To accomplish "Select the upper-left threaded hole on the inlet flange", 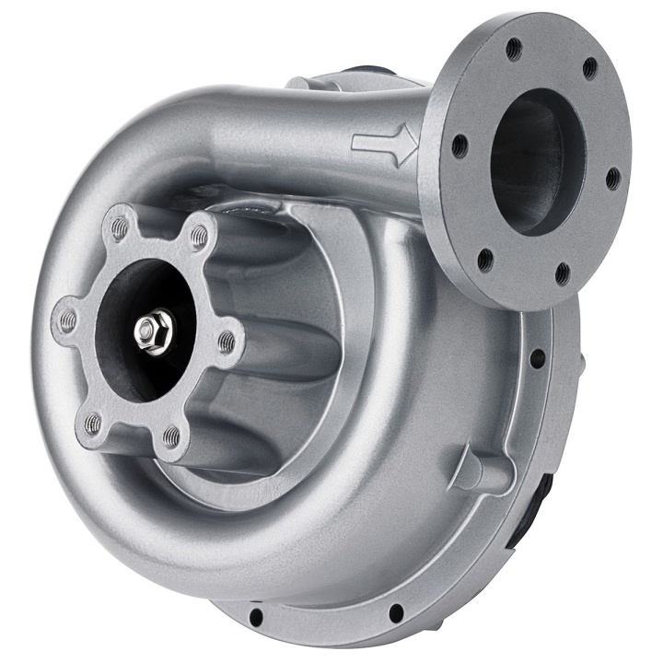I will point(118,225).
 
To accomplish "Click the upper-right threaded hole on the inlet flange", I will point(199,238).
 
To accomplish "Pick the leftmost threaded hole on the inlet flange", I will point(66,320).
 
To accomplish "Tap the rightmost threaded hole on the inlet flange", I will point(227,343).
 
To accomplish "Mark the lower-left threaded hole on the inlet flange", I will point(92,424).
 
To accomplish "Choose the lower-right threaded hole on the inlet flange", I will point(172,435).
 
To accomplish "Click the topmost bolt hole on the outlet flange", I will point(515,49).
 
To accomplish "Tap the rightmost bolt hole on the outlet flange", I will point(613,178).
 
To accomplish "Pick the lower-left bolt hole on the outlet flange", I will point(485,261).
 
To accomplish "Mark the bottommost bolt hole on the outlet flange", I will point(562,273).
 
